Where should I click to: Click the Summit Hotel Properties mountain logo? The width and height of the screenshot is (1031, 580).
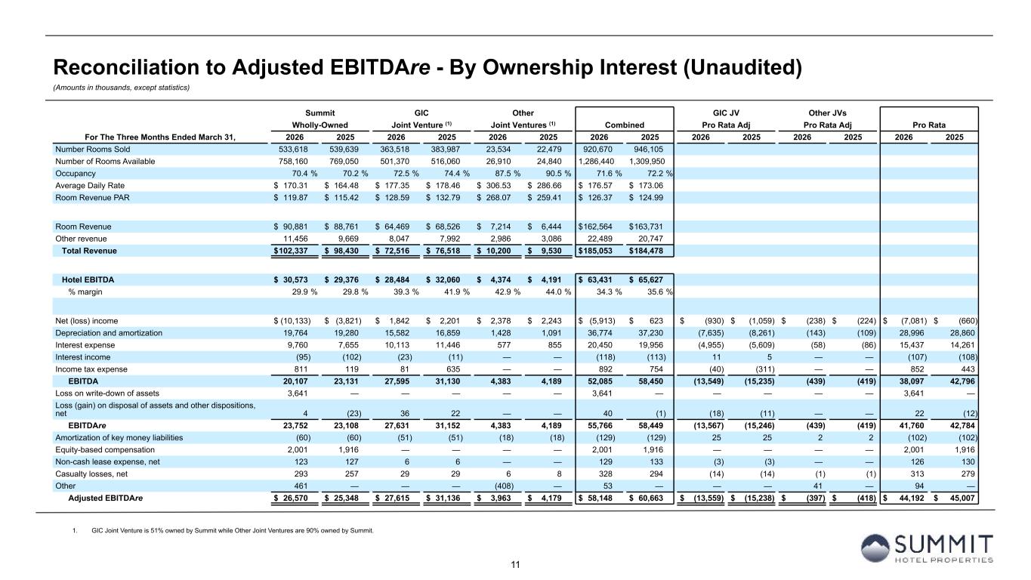(875, 548)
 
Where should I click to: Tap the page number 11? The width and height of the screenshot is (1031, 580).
(515, 565)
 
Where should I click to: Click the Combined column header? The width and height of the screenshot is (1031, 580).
(624, 125)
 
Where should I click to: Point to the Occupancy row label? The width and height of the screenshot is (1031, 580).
(76, 174)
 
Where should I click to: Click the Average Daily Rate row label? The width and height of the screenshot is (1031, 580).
(90, 186)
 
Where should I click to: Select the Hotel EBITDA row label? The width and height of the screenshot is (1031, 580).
(88, 280)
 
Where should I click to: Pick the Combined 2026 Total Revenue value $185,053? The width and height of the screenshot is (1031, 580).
(596, 251)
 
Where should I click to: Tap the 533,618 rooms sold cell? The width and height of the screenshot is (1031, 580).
(293, 149)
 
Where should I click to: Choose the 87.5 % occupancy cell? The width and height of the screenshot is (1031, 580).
(503, 174)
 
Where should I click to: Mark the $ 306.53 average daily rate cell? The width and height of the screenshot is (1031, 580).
(494, 186)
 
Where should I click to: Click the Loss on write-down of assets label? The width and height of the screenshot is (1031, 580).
(107, 393)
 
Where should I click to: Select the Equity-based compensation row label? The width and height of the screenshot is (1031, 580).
(105, 450)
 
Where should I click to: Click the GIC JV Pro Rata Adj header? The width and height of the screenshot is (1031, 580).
(726, 119)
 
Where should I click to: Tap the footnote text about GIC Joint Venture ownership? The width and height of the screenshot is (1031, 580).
(233, 531)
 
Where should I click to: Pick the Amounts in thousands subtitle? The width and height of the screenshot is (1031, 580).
(122, 88)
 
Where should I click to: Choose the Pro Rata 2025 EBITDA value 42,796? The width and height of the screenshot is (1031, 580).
(962, 381)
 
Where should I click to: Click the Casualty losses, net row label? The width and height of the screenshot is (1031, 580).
(91, 474)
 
